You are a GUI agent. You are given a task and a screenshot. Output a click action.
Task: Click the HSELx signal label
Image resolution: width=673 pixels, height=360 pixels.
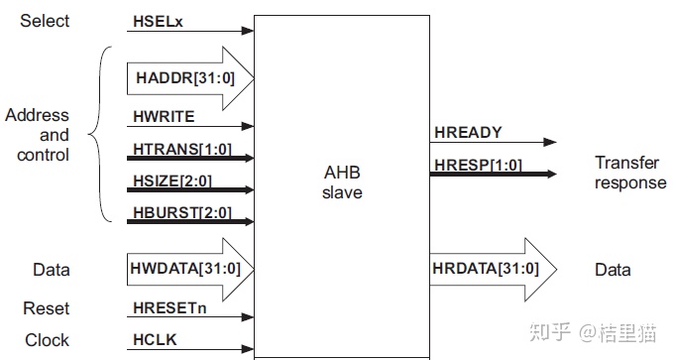pyautogui.click(x=158, y=22)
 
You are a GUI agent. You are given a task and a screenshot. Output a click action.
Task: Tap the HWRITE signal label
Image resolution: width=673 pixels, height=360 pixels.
pyautogui.click(x=165, y=116)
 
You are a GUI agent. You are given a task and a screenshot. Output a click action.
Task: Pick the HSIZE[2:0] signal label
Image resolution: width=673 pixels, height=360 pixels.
pyautogui.click(x=172, y=180)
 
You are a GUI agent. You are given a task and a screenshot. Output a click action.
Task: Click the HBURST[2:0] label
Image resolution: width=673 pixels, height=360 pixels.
pyautogui.click(x=179, y=213)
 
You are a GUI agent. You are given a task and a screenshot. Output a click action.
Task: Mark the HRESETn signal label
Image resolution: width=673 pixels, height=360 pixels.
pyautogui.click(x=170, y=308)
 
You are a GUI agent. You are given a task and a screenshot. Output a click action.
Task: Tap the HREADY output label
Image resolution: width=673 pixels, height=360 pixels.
pyautogui.click(x=468, y=132)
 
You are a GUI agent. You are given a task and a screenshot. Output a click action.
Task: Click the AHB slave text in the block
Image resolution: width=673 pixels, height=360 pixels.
pyautogui.click(x=342, y=182)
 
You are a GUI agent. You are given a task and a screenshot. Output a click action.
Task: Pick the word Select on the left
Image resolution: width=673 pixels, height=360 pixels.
pyautogui.click(x=45, y=21)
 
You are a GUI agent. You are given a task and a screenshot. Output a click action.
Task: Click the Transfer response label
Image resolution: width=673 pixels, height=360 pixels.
pyautogui.click(x=630, y=172)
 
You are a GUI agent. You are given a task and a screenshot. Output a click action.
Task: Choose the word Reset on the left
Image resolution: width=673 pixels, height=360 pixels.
pyautogui.click(x=47, y=308)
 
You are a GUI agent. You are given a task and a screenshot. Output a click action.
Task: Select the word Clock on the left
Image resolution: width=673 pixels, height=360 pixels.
pyautogui.click(x=47, y=339)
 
